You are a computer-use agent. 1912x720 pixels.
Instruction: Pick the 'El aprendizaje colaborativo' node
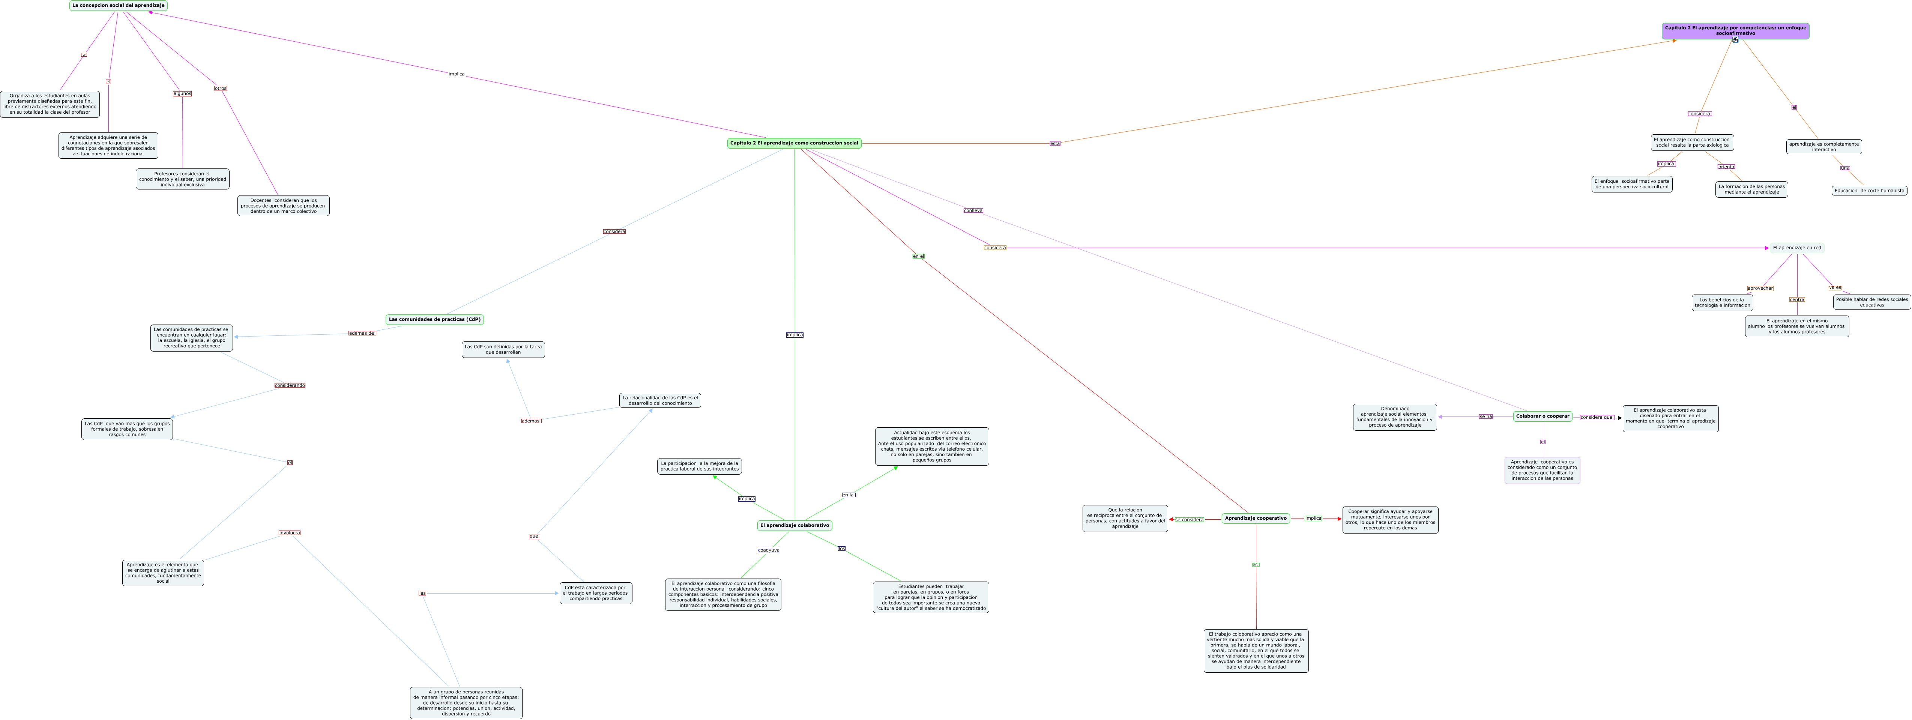[x=794, y=526]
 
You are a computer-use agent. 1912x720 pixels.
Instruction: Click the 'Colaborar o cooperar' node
[x=1543, y=416]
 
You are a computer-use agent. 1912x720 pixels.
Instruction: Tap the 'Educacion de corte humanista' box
[x=1869, y=191]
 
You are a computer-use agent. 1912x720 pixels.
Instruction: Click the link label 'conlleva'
[x=972, y=211]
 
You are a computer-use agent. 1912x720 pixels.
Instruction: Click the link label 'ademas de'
[x=362, y=333]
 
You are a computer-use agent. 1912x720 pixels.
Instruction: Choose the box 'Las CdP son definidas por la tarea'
[x=503, y=350]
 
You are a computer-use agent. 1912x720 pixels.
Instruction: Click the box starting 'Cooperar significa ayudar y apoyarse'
[x=1389, y=520]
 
